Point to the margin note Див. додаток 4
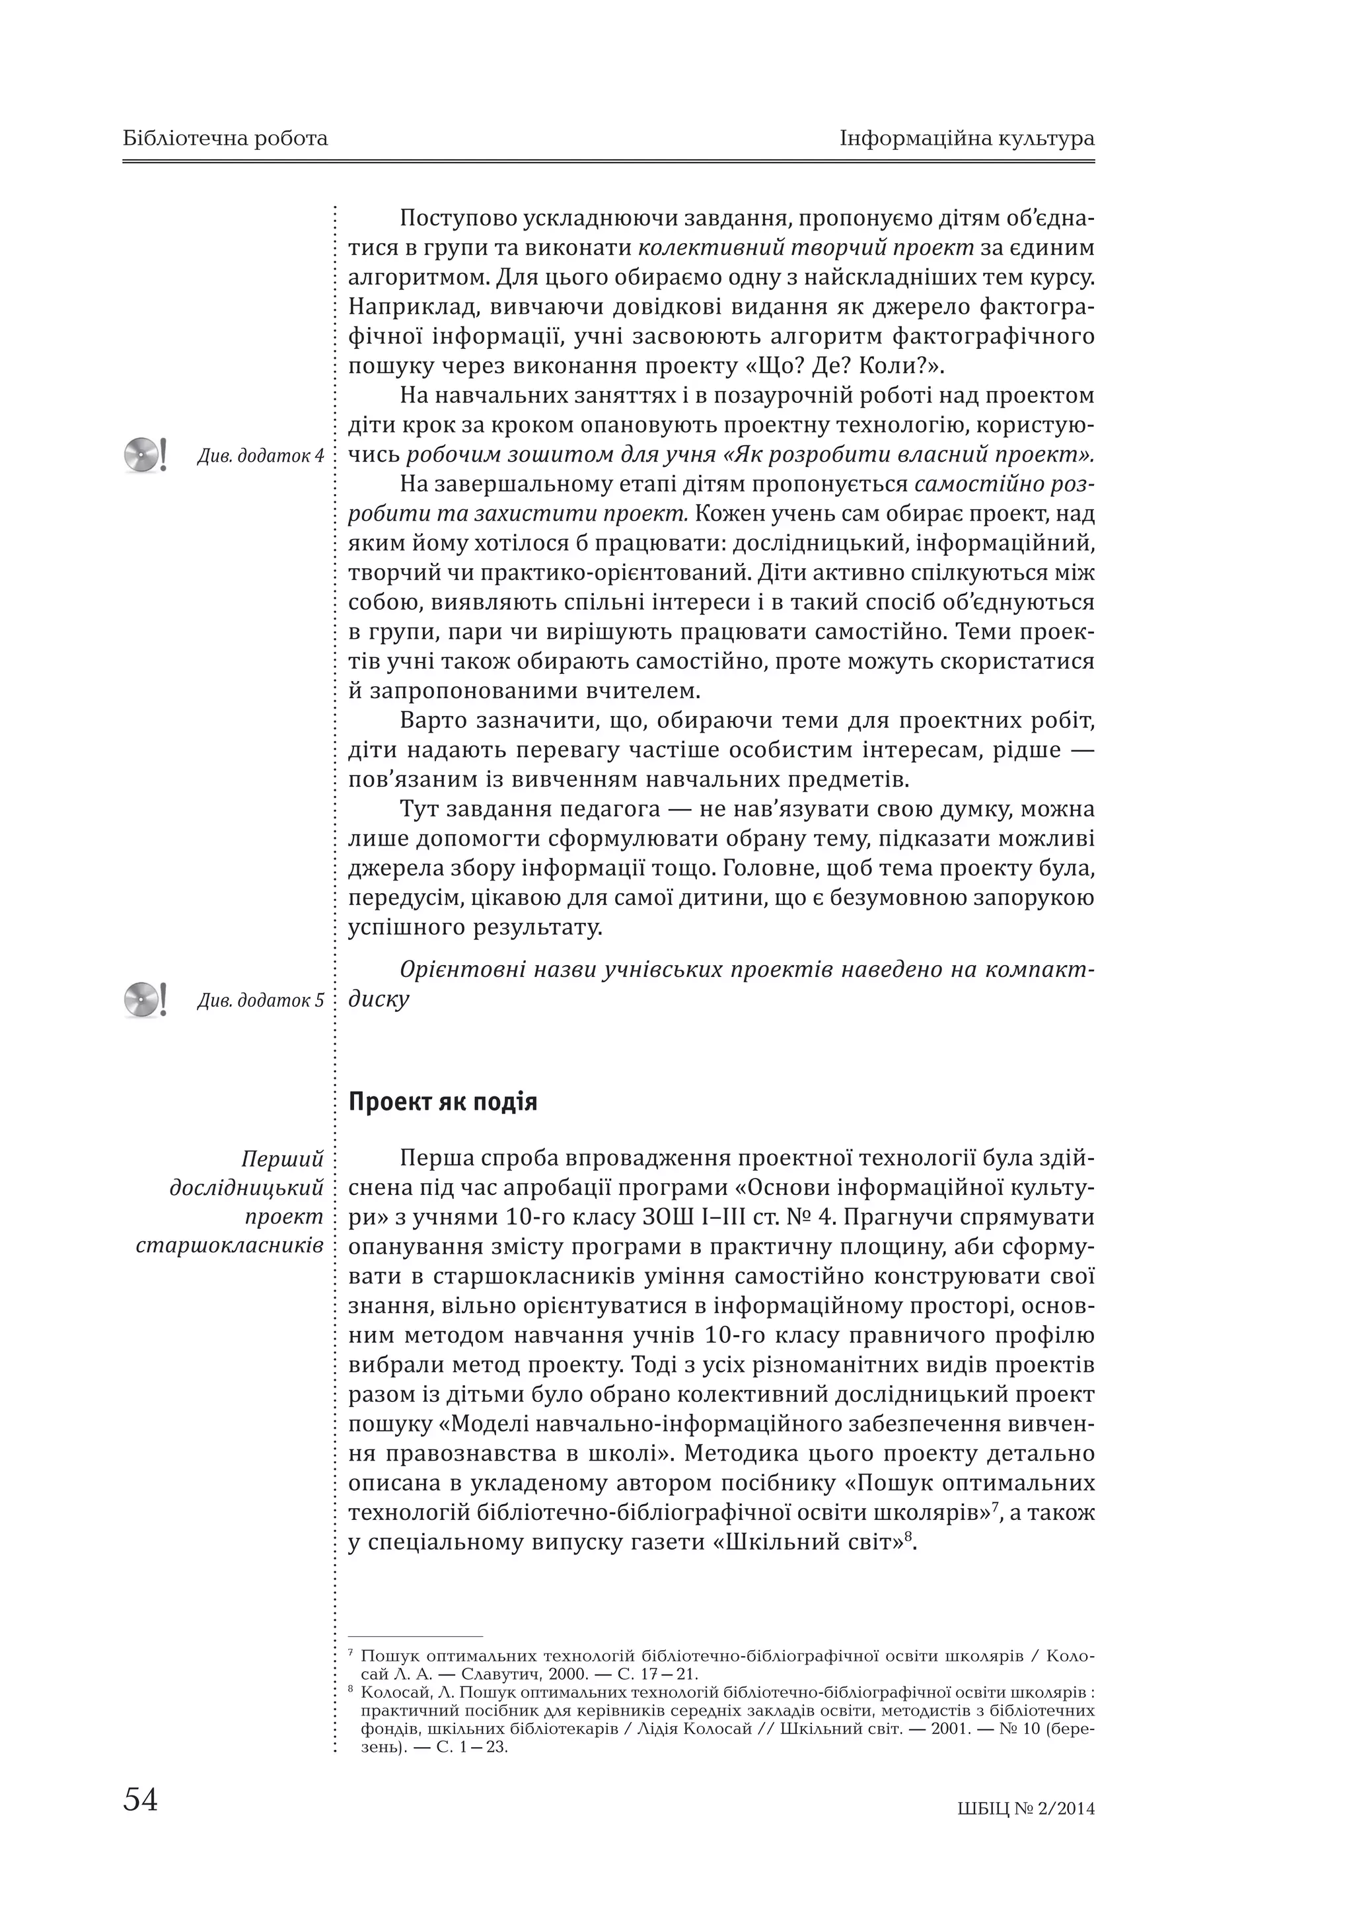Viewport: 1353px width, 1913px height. (x=260, y=456)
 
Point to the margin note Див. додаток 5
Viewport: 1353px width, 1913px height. (x=260, y=1001)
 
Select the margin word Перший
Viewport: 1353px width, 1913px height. (x=281, y=1159)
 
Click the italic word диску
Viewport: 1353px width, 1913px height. (x=379, y=999)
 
